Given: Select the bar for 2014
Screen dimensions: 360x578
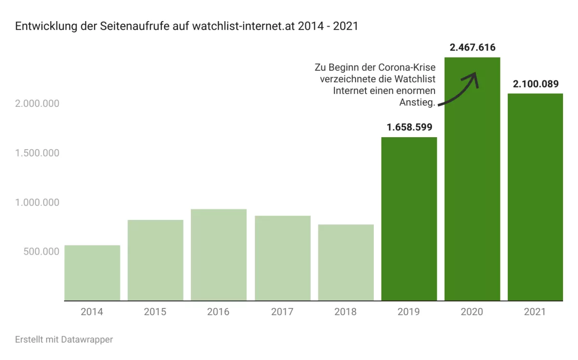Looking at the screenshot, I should (92, 273).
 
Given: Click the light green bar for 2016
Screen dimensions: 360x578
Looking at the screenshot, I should (219, 255).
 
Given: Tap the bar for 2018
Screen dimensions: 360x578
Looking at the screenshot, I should (345, 262).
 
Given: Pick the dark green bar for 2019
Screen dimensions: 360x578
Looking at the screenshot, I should (409, 219).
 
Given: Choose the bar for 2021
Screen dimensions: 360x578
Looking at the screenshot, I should (535, 197).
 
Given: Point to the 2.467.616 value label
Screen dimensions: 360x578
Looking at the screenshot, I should (472, 48).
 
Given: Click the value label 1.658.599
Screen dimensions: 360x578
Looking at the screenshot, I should (409, 128).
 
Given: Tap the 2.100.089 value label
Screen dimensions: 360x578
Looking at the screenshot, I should (535, 84).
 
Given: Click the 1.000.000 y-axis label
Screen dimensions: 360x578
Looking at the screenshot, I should (37, 202).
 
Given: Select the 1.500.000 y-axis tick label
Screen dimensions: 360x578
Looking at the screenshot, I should (37, 153).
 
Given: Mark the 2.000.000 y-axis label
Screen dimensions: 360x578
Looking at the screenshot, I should (37, 103).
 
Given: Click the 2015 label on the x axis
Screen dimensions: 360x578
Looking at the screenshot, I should (155, 312).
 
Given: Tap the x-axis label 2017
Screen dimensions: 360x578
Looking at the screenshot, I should (282, 312).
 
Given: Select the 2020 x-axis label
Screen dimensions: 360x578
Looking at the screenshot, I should (472, 312).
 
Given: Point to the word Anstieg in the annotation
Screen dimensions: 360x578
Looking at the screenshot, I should (417, 102).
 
